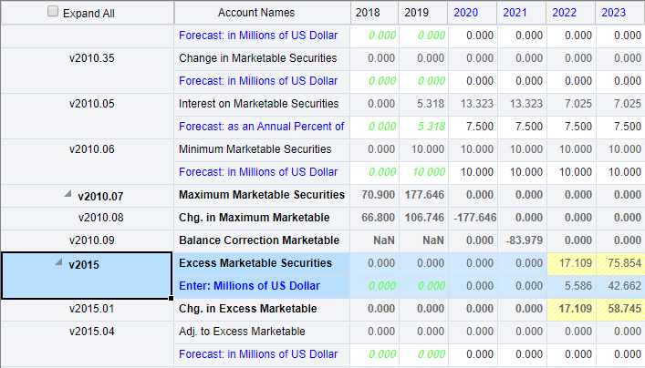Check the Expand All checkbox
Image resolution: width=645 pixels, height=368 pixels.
click(53, 12)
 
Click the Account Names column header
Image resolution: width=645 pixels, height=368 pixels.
click(263, 12)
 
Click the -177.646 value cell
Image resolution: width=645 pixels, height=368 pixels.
click(473, 218)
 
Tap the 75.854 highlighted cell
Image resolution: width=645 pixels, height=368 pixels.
click(620, 263)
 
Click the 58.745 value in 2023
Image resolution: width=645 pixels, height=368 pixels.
click(620, 309)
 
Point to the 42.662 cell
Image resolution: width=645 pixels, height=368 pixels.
click(620, 286)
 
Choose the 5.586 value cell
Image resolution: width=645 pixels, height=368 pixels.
click(572, 286)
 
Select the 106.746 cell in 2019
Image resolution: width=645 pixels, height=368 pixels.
click(423, 218)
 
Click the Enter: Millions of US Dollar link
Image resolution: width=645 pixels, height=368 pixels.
click(248, 286)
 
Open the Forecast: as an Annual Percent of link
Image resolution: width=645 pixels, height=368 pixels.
click(262, 127)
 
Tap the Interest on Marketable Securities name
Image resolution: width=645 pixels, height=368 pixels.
click(259, 104)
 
